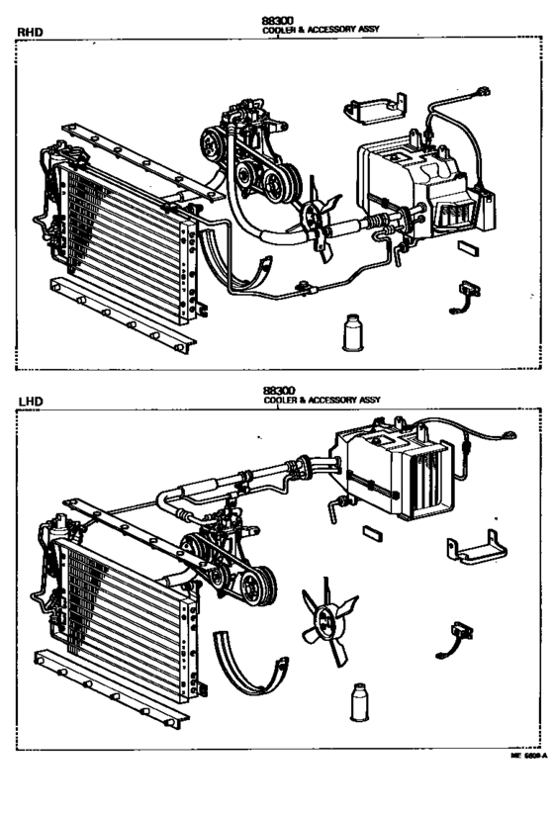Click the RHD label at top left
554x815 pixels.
31,32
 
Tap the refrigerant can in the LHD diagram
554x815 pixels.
359,705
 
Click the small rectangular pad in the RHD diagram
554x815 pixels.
469,249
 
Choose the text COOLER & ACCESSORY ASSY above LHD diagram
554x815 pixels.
322,401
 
